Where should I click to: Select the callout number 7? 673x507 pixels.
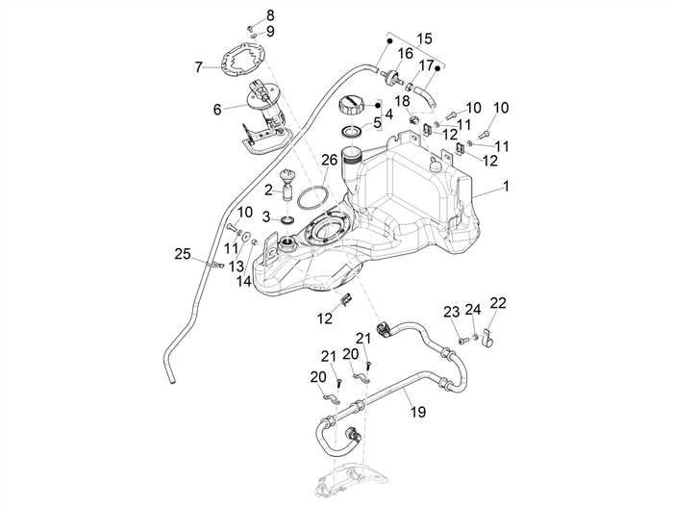[x=199, y=67]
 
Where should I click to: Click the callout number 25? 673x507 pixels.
[x=182, y=254]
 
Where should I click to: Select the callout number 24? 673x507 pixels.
[x=472, y=310]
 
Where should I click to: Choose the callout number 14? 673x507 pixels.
[x=244, y=282]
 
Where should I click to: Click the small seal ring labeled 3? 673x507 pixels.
[x=286, y=220]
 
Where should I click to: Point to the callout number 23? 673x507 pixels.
[x=451, y=311]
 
